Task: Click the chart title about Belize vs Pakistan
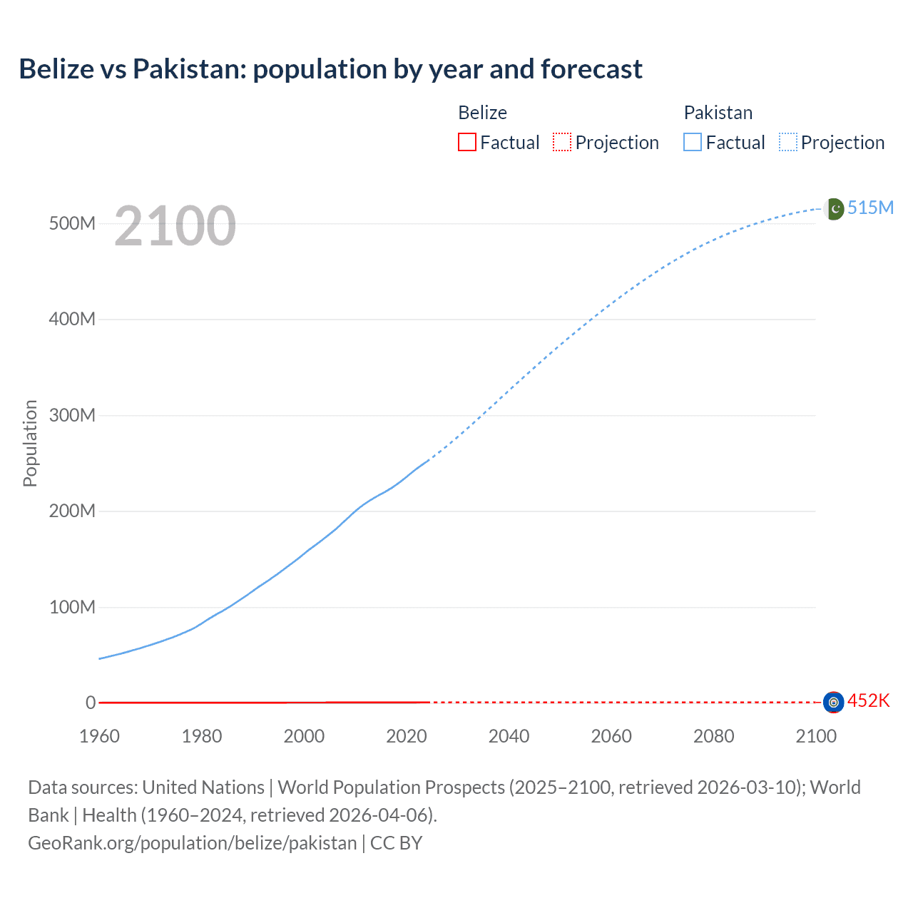[x=330, y=69]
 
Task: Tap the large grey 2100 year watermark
[x=175, y=226]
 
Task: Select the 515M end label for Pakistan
[x=870, y=208]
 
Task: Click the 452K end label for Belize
[x=868, y=700]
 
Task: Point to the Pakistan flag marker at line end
[x=834, y=209]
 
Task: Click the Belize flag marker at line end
[x=833, y=703]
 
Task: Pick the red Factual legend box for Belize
[x=467, y=142]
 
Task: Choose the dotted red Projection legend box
[x=562, y=142]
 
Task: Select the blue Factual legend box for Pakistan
[x=693, y=142]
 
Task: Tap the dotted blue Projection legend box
[x=788, y=142]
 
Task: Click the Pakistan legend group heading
[x=718, y=113]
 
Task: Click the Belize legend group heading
[x=482, y=113]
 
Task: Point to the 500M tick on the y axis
[x=72, y=223]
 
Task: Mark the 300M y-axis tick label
[x=72, y=415]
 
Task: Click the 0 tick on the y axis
[x=91, y=703]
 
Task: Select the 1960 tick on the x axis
[x=99, y=736]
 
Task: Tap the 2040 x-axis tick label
[x=509, y=736]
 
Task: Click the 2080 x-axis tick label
[x=713, y=736]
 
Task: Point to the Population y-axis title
[x=30, y=443]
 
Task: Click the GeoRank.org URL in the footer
[x=192, y=843]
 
